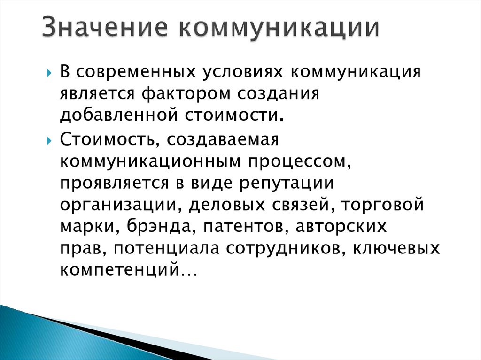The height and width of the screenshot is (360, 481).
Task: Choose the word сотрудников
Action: point(276,249)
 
